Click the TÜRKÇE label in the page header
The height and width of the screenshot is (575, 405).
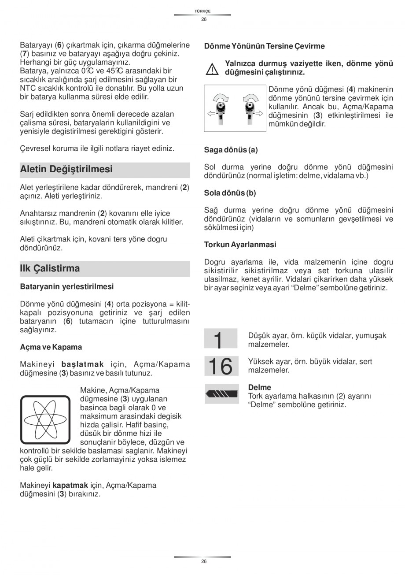[x=203, y=11]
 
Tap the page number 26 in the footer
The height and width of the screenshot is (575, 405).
[x=203, y=561]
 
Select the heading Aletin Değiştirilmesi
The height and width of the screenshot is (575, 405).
[x=66, y=169]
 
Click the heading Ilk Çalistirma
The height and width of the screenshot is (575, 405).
[x=50, y=268]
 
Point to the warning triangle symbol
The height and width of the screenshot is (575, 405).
[x=213, y=69]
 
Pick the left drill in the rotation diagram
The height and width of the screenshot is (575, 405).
[x=218, y=108]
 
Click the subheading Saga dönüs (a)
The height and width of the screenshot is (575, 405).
[x=231, y=150]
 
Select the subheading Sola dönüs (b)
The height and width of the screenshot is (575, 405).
[x=230, y=193]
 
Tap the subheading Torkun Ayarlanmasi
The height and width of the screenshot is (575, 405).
[x=240, y=245]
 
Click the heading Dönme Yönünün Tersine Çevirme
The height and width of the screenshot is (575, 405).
[x=264, y=46]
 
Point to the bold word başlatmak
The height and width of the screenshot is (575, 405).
[x=83, y=364]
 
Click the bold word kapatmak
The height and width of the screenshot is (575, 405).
[x=70, y=486]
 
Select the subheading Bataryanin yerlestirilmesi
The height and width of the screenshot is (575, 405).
[x=67, y=286]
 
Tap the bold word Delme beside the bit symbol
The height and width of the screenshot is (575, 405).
[x=260, y=388]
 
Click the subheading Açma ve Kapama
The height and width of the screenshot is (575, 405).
[x=51, y=347]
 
